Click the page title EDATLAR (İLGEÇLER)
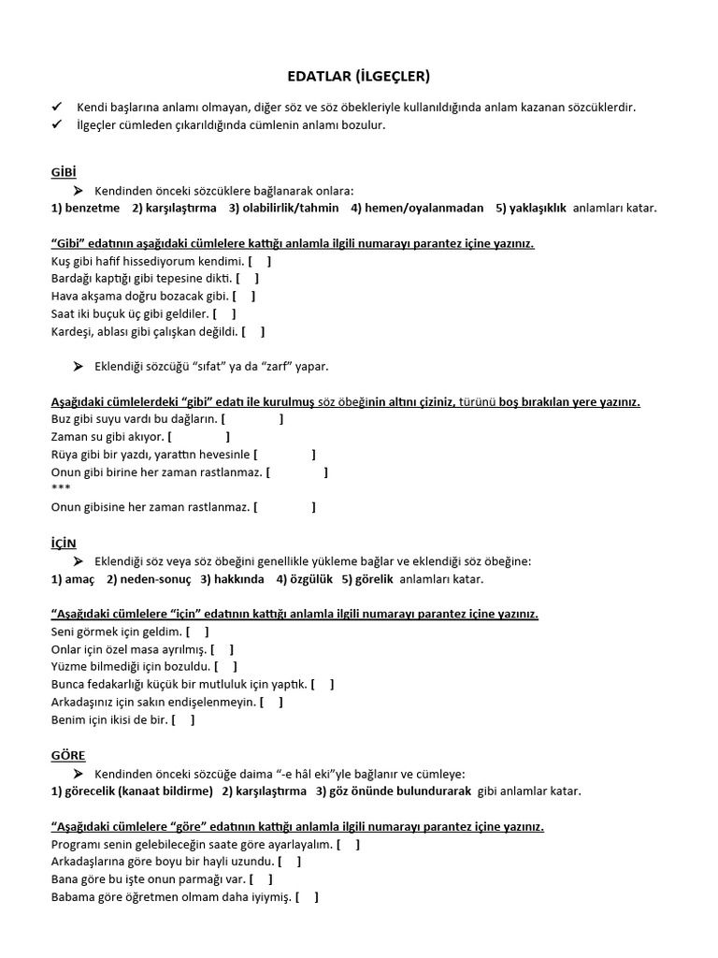(x=357, y=76)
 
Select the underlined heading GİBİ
(x=64, y=173)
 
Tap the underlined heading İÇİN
(x=64, y=544)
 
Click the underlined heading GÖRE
(x=68, y=755)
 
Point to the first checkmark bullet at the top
(x=57, y=108)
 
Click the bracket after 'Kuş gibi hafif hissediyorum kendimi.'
(x=262, y=260)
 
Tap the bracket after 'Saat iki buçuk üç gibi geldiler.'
(x=224, y=313)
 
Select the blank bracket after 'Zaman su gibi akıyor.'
(x=199, y=437)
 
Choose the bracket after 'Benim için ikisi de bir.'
(x=184, y=720)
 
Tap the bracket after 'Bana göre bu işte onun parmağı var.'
(x=263, y=879)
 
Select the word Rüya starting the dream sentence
(x=65, y=455)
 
